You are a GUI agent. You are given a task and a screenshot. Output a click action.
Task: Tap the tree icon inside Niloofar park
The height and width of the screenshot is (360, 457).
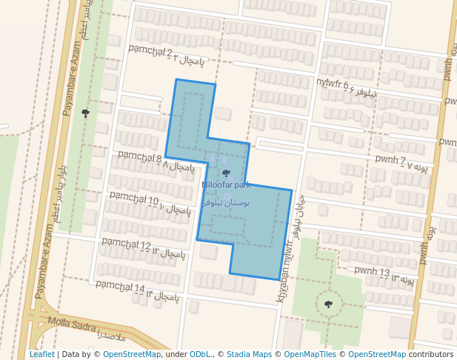(226, 173)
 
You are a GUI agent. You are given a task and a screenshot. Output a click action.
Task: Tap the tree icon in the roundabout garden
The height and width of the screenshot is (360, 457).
(328, 304)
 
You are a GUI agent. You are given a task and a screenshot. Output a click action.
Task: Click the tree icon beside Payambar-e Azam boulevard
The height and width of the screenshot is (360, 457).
(86, 113)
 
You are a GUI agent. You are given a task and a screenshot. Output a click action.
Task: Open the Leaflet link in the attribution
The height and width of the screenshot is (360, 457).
(41, 354)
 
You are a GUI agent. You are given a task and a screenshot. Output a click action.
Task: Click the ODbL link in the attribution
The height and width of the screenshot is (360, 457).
(200, 354)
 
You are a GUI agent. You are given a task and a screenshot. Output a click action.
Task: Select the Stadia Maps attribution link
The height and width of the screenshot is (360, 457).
(249, 354)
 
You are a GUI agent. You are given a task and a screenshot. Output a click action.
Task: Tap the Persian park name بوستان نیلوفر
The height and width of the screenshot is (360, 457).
(226, 201)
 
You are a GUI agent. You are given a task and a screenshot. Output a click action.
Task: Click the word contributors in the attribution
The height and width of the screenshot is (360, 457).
(431, 354)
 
